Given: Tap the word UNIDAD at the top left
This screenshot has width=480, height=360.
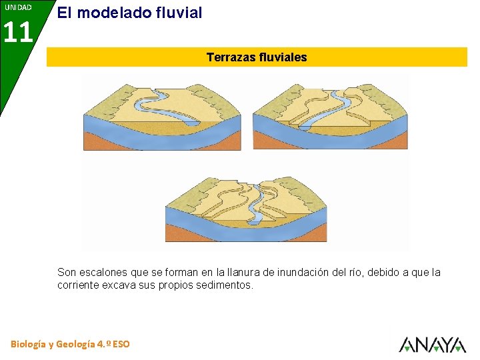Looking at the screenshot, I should tap(18, 7).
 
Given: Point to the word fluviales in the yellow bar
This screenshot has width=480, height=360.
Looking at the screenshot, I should tap(281, 57).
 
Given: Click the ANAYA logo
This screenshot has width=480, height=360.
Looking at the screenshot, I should tap(432, 344).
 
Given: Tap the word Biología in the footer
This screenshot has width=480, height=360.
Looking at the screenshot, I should tap(29, 344).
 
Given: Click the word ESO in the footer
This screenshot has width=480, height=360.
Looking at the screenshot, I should tap(121, 344).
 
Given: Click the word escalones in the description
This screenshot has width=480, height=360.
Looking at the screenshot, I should tap(101, 272).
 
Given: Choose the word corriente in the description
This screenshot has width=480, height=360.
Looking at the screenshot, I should tap(79, 285).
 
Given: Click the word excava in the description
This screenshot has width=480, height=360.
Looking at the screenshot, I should tap(121, 285).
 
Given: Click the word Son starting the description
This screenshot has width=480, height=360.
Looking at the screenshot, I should tap(67, 272).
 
